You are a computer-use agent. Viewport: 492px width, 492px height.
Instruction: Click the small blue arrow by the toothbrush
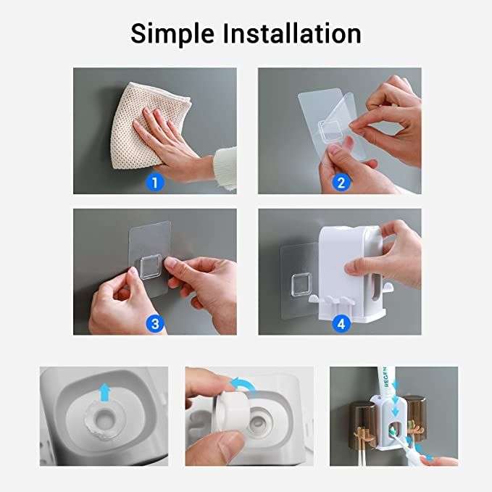tap(428, 456)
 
